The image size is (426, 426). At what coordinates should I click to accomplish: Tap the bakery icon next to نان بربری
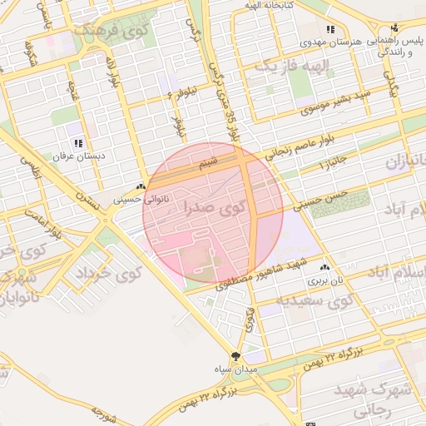point(324,268)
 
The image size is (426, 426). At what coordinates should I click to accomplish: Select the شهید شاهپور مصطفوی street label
point(262,274)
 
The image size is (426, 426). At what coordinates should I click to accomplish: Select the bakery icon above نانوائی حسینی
point(141,187)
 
